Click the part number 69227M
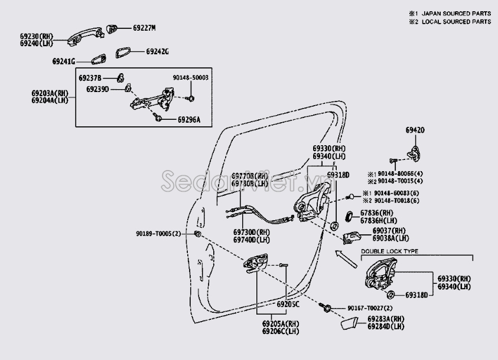[144, 28]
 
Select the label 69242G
[157, 51]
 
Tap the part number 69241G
[64, 61]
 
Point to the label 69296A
[188, 119]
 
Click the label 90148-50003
[190, 77]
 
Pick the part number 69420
[415, 130]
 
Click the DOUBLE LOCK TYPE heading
[389, 251]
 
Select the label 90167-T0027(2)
[369, 308]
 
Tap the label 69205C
[288, 304]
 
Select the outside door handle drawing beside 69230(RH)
[77, 35]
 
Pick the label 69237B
[90, 78]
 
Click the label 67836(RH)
[378, 212]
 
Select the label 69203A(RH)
[50, 93]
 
